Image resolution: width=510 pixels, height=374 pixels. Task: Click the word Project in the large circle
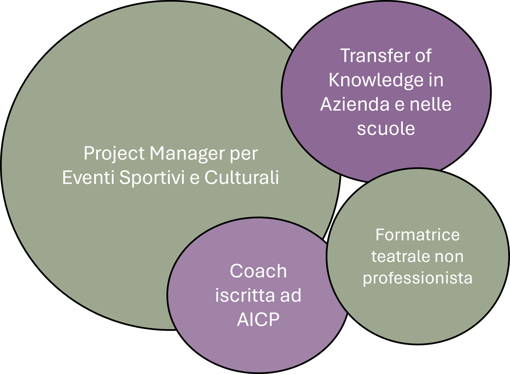114,154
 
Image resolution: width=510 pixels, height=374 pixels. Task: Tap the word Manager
187,154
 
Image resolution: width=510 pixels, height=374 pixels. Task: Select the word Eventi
88,177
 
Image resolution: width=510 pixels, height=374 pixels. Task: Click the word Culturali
242,177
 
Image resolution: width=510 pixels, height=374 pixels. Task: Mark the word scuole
386,129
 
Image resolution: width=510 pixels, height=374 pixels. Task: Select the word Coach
258,271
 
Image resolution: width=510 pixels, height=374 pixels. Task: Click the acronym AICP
258,319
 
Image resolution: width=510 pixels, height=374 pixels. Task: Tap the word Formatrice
418,235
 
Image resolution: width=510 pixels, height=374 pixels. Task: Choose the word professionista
418,278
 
